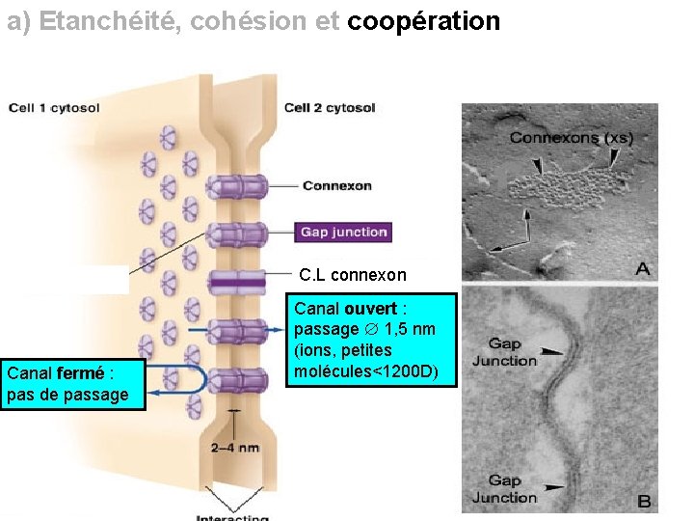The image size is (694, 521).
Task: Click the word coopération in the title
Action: click(423, 21)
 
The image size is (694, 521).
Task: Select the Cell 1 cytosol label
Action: click(54, 108)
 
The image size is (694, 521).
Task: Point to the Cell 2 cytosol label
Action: click(330, 108)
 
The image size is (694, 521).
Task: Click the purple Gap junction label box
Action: click(343, 232)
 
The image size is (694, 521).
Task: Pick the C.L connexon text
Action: click(353, 275)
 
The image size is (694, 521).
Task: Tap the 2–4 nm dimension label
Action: click(235, 448)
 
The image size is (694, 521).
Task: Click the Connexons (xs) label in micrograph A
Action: click(571, 138)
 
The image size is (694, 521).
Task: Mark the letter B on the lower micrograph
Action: click(643, 502)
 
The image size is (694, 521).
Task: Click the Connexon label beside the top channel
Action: click(336, 185)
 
